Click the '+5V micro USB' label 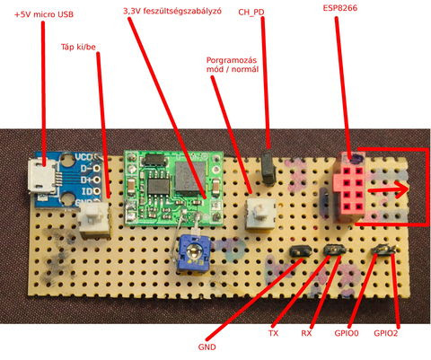[44, 14]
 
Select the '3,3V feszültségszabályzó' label [172, 11]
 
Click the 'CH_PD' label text [251, 13]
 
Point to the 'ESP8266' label [340, 8]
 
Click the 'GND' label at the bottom [207, 347]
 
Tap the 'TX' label [273, 333]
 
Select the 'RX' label [306, 333]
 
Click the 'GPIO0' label [347, 333]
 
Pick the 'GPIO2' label [386, 333]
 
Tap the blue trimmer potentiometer [194, 253]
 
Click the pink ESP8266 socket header [348, 188]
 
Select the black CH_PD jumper [268, 168]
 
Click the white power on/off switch [93, 219]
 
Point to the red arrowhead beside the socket [401, 189]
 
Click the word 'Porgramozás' [232, 60]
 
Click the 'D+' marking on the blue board [86, 180]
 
